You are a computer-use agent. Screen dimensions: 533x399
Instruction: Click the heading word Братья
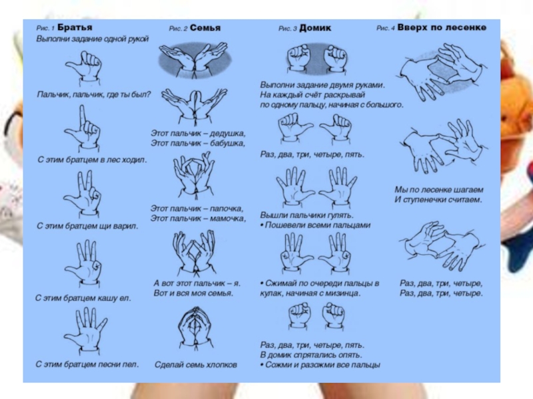click(x=75, y=27)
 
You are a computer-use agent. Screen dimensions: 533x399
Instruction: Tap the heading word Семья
click(x=205, y=28)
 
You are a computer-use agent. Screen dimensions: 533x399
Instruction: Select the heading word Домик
click(x=315, y=28)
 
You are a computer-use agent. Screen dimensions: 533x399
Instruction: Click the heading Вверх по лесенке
click(x=442, y=27)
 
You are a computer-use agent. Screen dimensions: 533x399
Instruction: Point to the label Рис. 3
click(x=288, y=29)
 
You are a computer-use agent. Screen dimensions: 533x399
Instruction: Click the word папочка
click(x=227, y=208)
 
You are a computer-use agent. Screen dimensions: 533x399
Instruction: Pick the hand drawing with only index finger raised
click(x=82, y=129)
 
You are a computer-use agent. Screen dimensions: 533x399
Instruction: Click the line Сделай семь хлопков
click(x=196, y=364)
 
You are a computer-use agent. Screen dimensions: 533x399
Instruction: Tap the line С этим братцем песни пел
click(x=87, y=364)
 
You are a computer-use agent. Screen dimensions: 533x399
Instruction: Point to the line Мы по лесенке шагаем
click(x=439, y=190)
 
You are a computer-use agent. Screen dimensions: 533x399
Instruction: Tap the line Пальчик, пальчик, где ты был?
click(x=94, y=94)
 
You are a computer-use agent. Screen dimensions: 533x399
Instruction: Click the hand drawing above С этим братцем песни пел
click(x=86, y=331)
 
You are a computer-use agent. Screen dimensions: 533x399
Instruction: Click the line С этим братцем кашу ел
click(x=83, y=298)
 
